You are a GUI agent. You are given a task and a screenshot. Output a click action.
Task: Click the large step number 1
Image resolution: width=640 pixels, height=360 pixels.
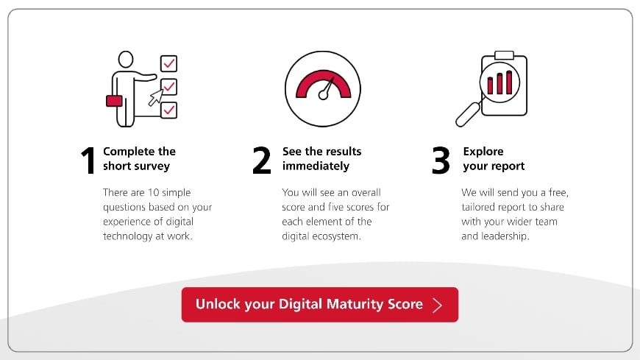click(89, 161)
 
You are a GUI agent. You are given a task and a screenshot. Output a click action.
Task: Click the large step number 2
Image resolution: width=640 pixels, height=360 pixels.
click(261, 161)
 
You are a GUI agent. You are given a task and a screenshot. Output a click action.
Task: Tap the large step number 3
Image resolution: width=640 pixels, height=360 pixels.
click(441, 161)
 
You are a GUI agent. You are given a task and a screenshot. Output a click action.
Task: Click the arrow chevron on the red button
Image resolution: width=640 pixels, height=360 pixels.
click(438, 305)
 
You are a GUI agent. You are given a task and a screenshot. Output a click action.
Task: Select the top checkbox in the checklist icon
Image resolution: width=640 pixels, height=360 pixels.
click(168, 63)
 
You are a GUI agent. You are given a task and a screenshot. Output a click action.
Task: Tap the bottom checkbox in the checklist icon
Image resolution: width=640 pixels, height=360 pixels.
click(168, 110)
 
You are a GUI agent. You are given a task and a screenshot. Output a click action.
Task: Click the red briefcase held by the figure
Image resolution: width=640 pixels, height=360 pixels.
click(114, 101)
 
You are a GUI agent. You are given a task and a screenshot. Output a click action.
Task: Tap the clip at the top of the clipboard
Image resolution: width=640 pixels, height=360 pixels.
click(504, 55)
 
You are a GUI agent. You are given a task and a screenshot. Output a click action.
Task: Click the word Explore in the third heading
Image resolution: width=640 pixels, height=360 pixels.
click(483, 152)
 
